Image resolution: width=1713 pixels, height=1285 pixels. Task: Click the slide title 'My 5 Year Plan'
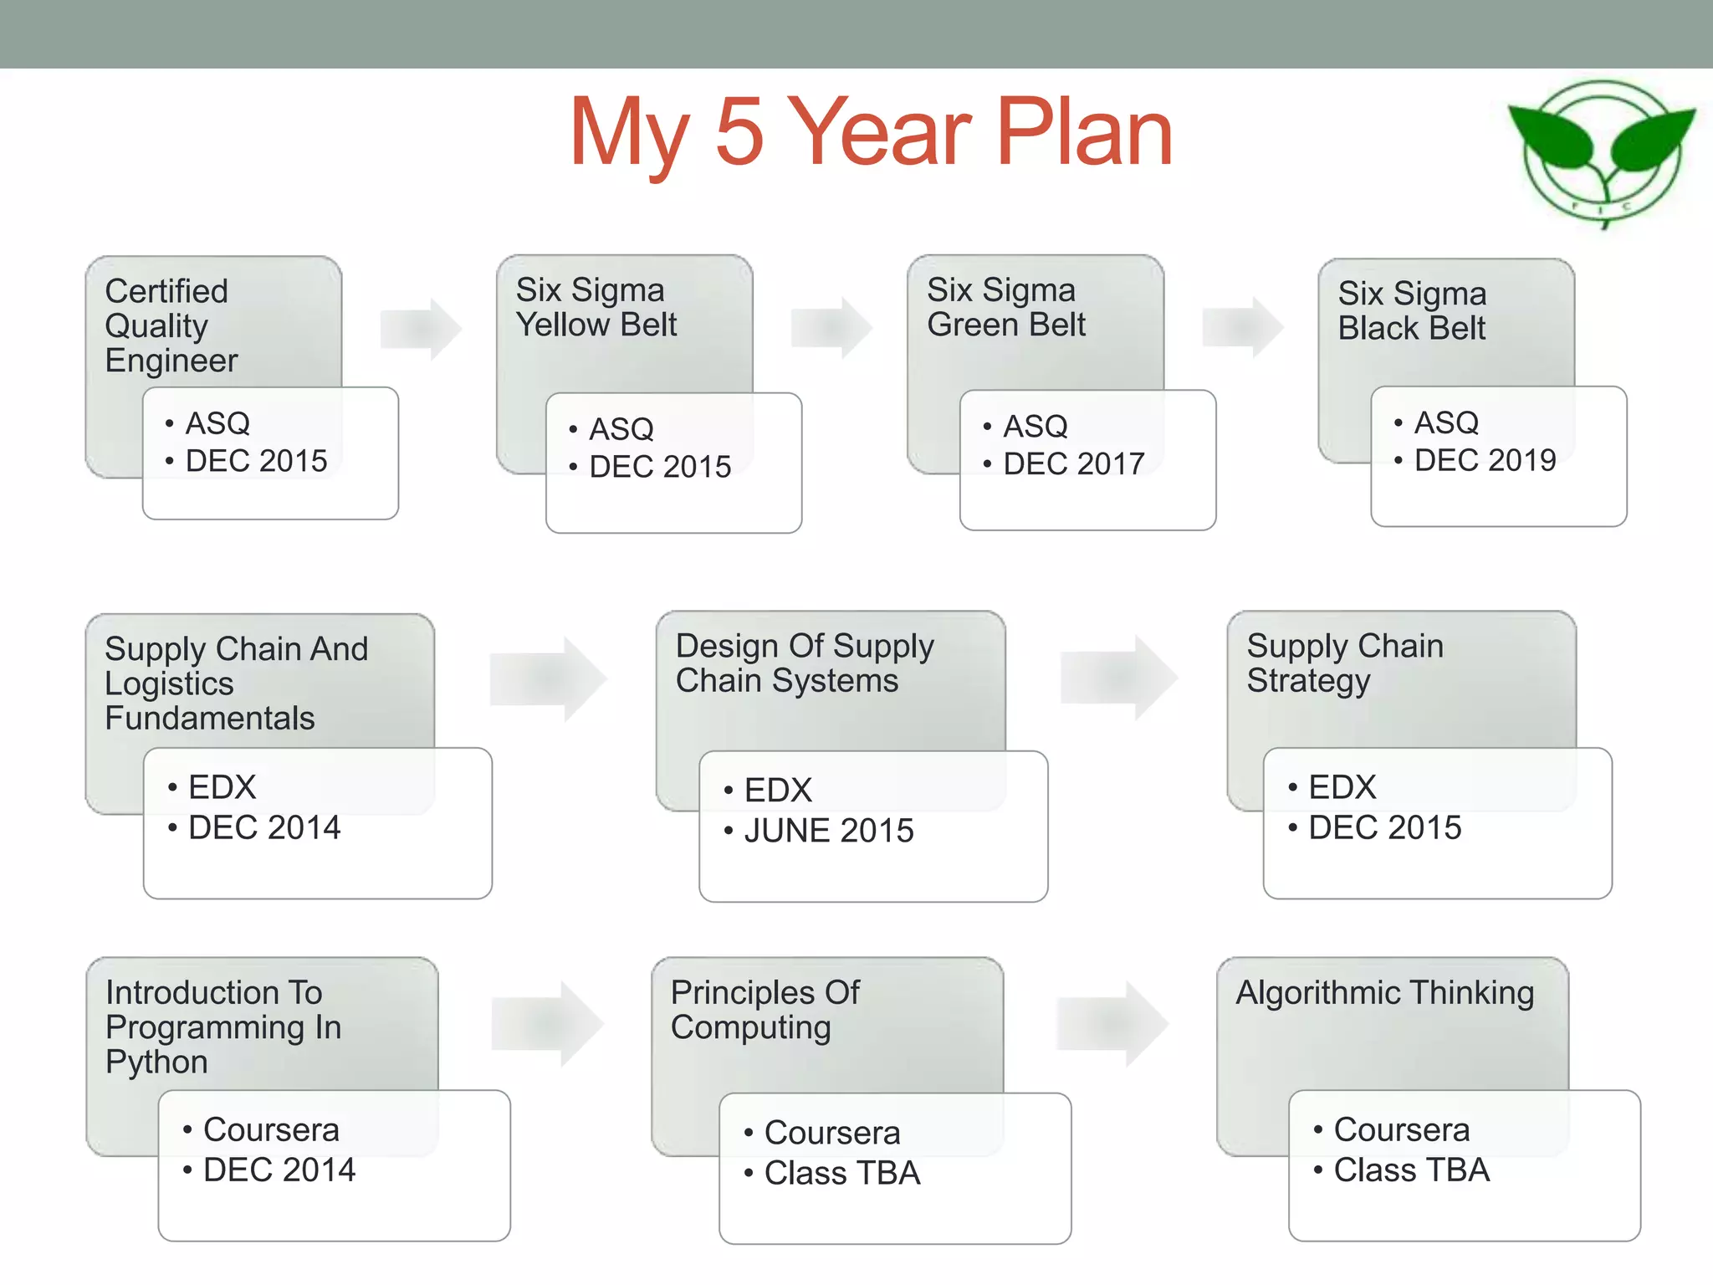pyautogui.click(x=871, y=132)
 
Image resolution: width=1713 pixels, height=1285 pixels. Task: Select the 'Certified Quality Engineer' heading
pyautogui.click(x=171, y=325)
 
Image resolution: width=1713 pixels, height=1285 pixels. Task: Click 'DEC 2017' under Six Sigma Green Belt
pyautogui.click(x=1073, y=463)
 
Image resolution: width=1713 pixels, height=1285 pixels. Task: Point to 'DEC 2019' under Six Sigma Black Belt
pyautogui.click(x=1485, y=460)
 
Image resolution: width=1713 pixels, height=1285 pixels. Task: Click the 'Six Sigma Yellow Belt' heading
pyautogui.click(x=596, y=307)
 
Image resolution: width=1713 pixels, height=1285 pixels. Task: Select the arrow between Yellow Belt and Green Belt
pyautogui.click(x=831, y=327)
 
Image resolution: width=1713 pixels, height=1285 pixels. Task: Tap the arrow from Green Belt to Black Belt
pyautogui.click(x=1242, y=327)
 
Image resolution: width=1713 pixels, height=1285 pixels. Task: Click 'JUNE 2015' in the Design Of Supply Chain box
pyautogui.click(x=828, y=831)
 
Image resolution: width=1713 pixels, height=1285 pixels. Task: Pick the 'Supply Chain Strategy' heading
pyautogui.click(x=1344, y=663)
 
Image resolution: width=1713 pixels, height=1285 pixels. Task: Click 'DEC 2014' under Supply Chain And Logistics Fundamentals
pyautogui.click(x=264, y=827)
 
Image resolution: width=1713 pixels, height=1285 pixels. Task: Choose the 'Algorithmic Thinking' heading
pyautogui.click(x=1384, y=993)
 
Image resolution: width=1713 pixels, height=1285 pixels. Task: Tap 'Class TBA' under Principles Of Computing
pyautogui.click(x=841, y=1173)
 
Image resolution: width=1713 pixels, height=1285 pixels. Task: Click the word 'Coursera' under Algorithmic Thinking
pyautogui.click(x=1401, y=1129)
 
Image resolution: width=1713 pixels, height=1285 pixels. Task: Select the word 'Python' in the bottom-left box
pyautogui.click(x=156, y=1062)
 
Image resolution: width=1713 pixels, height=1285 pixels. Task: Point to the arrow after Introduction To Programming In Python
pyautogui.click(x=548, y=1023)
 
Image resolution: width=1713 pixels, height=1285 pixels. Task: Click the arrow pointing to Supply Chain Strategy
pyautogui.click(x=1118, y=678)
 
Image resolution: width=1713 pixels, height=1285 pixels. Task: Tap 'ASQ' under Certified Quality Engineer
pyautogui.click(x=217, y=423)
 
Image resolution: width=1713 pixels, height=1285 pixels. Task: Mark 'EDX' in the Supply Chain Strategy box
pyautogui.click(x=1342, y=787)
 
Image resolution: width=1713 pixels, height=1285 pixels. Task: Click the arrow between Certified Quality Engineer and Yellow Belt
pyautogui.click(x=420, y=329)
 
